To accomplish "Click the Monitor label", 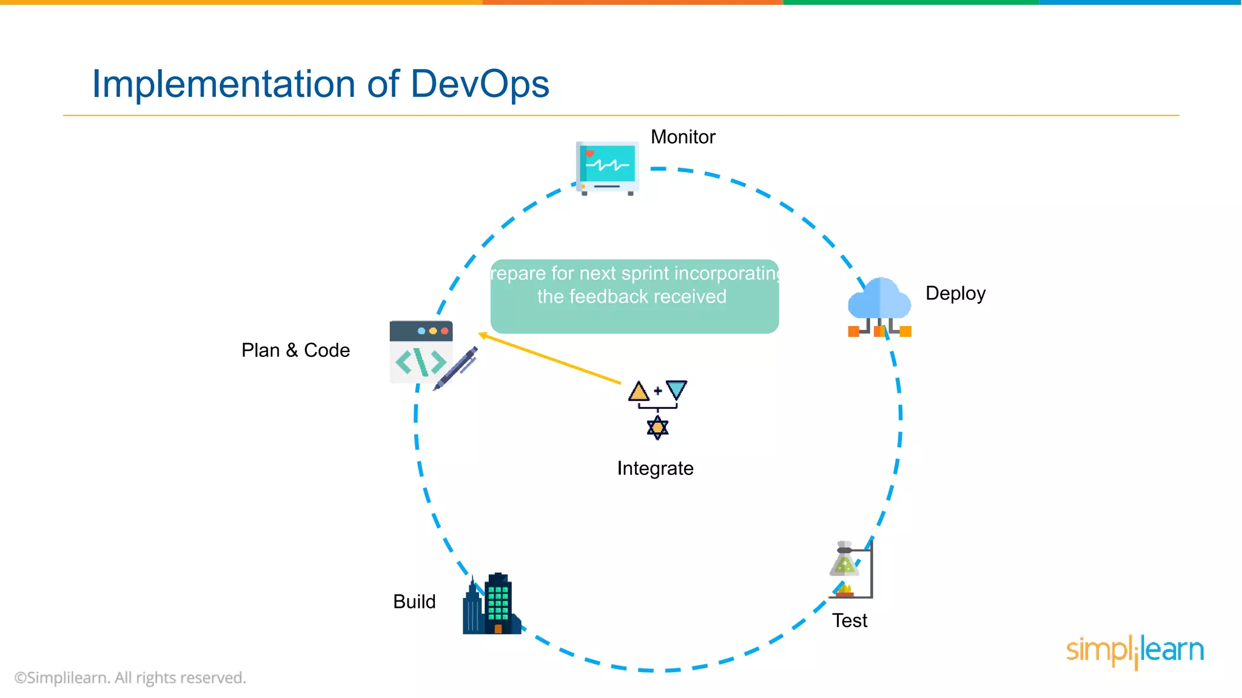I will tap(682, 137).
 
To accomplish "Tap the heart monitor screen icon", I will tap(607, 167).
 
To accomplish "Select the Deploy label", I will tap(955, 293).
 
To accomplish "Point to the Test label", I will tap(849, 620).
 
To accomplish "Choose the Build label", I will tap(414, 602).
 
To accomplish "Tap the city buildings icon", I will tap(491, 604).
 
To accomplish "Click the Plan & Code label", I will tap(295, 350).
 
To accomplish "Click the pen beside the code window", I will tap(457, 368).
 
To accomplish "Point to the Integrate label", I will tap(655, 468).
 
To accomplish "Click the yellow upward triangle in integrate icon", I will tap(639, 391).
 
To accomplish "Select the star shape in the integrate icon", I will tap(657, 428).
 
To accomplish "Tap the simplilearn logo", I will tap(1135, 650).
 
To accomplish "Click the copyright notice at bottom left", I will tap(130, 677).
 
